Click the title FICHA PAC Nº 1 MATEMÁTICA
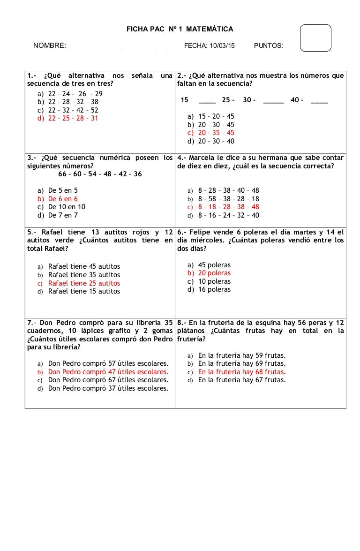click(180, 29)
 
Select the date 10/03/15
click(223, 45)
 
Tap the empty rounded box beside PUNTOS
click(315, 38)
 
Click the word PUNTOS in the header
click(268, 45)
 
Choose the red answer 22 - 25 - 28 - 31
click(73, 118)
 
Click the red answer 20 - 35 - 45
click(216, 133)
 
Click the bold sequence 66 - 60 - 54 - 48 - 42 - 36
click(100, 174)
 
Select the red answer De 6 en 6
click(63, 199)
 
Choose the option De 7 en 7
click(63, 215)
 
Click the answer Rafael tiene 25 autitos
click(84, 283)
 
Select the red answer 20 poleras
click(214, 273)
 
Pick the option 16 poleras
click(214, 289)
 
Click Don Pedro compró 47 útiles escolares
click(108, 372)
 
